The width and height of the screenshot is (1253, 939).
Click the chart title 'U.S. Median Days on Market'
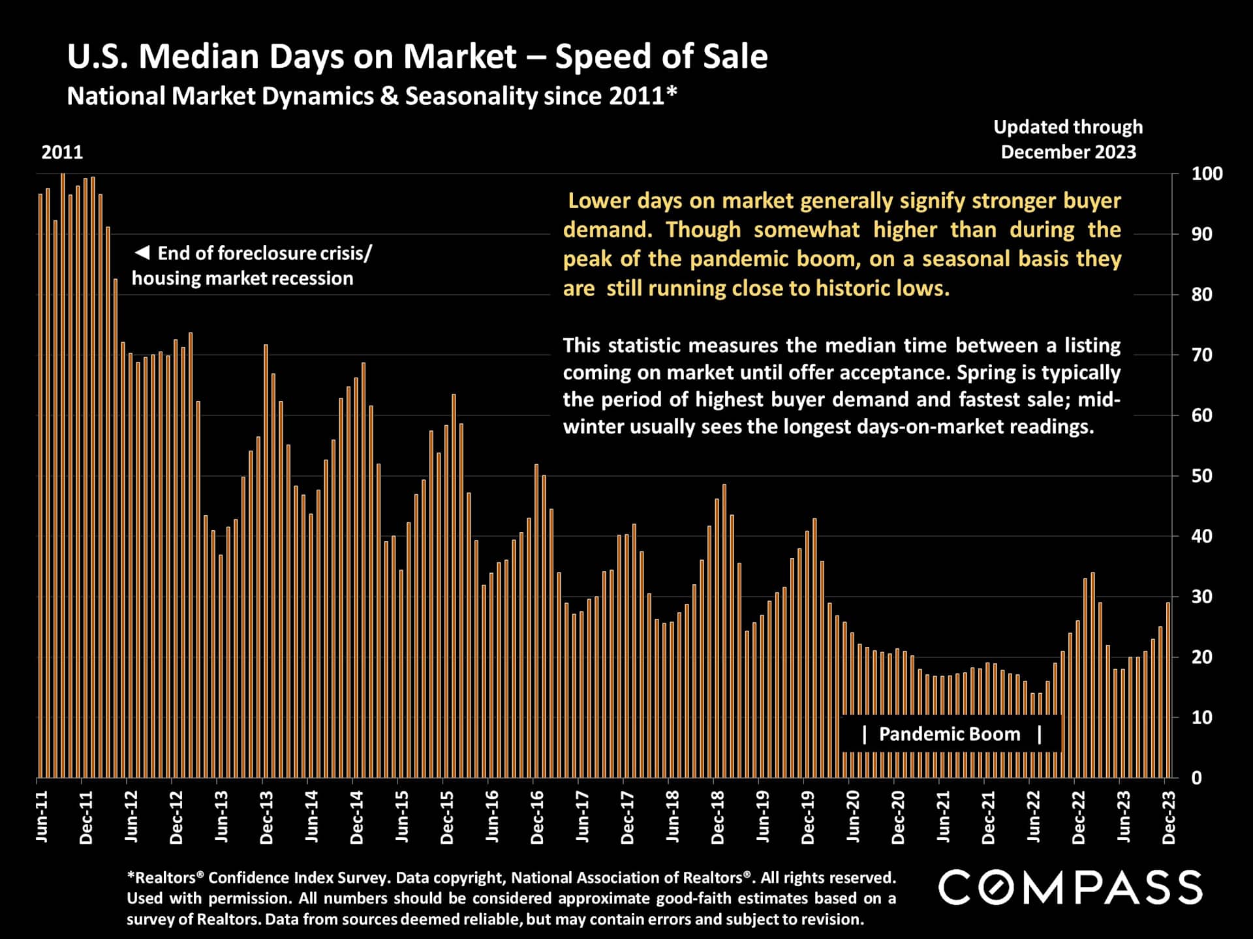click(x=292, y=57)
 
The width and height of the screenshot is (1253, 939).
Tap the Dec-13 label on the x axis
click(x=266, y=818)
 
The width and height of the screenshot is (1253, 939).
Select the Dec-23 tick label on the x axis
click(x=1169, y=818)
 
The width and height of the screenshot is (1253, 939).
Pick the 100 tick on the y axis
click(x=1207, y=174)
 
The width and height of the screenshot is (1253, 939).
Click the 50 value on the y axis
click(x=1201, y=476)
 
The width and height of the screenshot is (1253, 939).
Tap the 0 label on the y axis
click(x=1196, y=778)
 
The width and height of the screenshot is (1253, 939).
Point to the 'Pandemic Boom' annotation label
click(x=950, y=734)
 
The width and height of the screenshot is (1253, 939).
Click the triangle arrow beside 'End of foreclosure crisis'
click(x=142, y=253)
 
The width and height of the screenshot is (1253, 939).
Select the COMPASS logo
click(x=1070, y=887)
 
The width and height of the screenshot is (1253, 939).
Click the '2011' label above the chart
click(x=62, y=153)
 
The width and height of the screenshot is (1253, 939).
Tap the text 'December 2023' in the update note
click(x=1068, y=152)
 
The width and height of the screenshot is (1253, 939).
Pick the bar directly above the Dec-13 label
click(x=266, y=561)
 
